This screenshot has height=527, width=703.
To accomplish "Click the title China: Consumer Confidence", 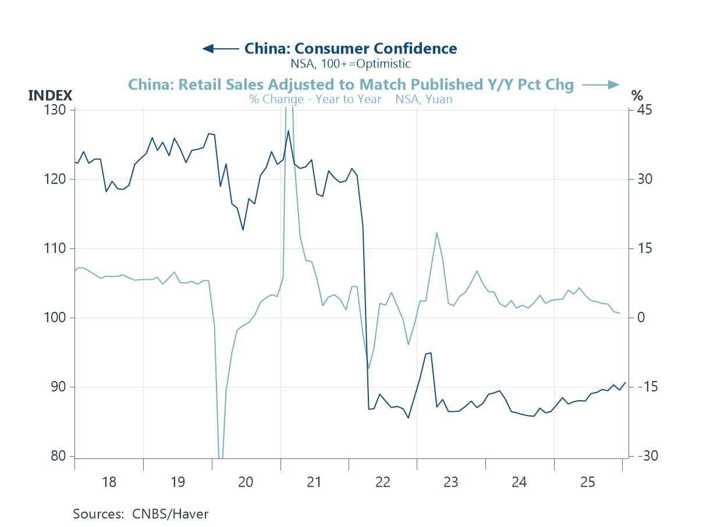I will [350, 48].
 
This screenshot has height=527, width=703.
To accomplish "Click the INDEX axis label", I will [50, 96].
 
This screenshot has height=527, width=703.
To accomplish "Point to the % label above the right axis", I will [637, 96].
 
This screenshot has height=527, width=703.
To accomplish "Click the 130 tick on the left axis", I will [56, 110].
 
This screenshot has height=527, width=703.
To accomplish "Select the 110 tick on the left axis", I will [56, 248].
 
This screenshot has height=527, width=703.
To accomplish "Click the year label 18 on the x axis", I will [109, 482].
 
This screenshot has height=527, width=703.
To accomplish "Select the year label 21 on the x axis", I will [314, 482].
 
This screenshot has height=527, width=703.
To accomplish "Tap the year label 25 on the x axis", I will [588, 482].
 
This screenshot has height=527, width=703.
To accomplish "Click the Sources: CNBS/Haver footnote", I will [140, 514].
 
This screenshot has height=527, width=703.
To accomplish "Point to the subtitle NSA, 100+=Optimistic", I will [350, 63].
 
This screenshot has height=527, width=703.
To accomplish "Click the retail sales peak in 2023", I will [436, 233].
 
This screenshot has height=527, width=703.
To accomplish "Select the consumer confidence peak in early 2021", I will [288, 131].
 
